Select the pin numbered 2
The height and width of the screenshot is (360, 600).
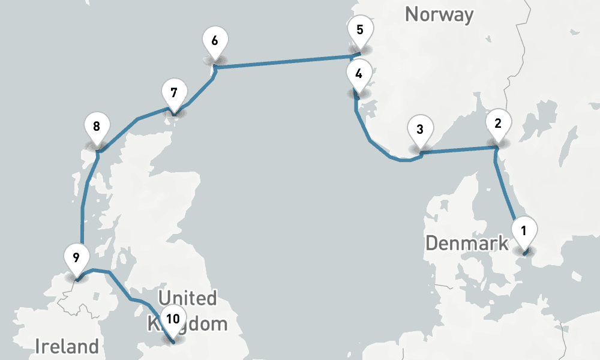click(497, 123)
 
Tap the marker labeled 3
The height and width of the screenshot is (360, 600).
click(419, 129)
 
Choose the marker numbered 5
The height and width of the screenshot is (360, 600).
click(360, 30)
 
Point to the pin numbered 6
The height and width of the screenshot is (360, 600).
click(214, 41)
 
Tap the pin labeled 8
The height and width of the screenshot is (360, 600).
click(97, 127)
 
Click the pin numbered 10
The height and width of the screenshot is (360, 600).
click(173, 320)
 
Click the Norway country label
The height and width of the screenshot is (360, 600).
click(439, 14)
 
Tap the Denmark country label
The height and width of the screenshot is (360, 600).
click(467, 244)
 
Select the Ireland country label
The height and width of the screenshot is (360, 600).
click(67, 346)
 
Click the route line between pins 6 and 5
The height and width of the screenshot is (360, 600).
click(282, 62)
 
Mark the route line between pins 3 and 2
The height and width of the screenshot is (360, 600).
click(459, 149)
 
